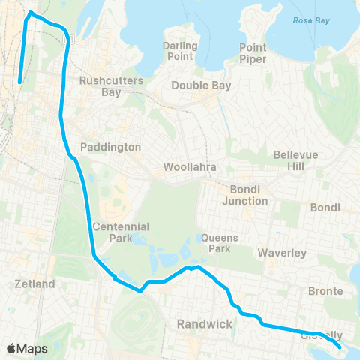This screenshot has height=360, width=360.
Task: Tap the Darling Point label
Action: point(179,51)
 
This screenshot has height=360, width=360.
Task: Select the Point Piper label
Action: point(253,53)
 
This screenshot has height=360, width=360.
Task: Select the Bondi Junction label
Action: point(245,195)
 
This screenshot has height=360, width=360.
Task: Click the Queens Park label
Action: point(220,243)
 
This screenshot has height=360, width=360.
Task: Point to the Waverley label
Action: point(282,253)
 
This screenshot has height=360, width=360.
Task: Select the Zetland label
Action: point(35,284)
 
